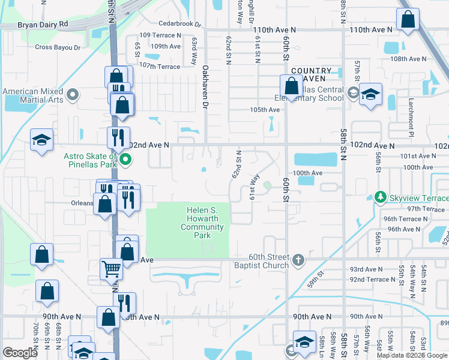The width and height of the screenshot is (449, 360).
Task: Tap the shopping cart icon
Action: click(x=111, y=268)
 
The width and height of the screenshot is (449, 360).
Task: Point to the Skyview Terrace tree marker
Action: click(x=379, y=197)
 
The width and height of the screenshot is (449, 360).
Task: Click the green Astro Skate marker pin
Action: click(x=125, y=160)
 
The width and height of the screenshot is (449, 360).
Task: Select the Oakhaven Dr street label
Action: click(x=205, y=87)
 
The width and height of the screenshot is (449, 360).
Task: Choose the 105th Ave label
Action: click(x=265, y=110)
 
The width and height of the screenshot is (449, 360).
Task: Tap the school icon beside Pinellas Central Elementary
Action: click(x=370, y=94)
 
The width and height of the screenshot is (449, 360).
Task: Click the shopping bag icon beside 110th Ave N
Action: click(x=408, y=20)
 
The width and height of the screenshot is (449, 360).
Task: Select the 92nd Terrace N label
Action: click(x=373, y=280)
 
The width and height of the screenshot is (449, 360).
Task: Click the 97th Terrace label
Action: click(x=425, y=209)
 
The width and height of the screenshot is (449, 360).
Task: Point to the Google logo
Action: click(x=20, y=353)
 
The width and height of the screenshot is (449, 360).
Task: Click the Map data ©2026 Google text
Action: click(x=411, y=355)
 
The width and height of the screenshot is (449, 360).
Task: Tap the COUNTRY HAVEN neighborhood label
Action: click(x=312, y=74)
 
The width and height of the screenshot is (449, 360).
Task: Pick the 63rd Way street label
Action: click(x=194, y=49)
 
